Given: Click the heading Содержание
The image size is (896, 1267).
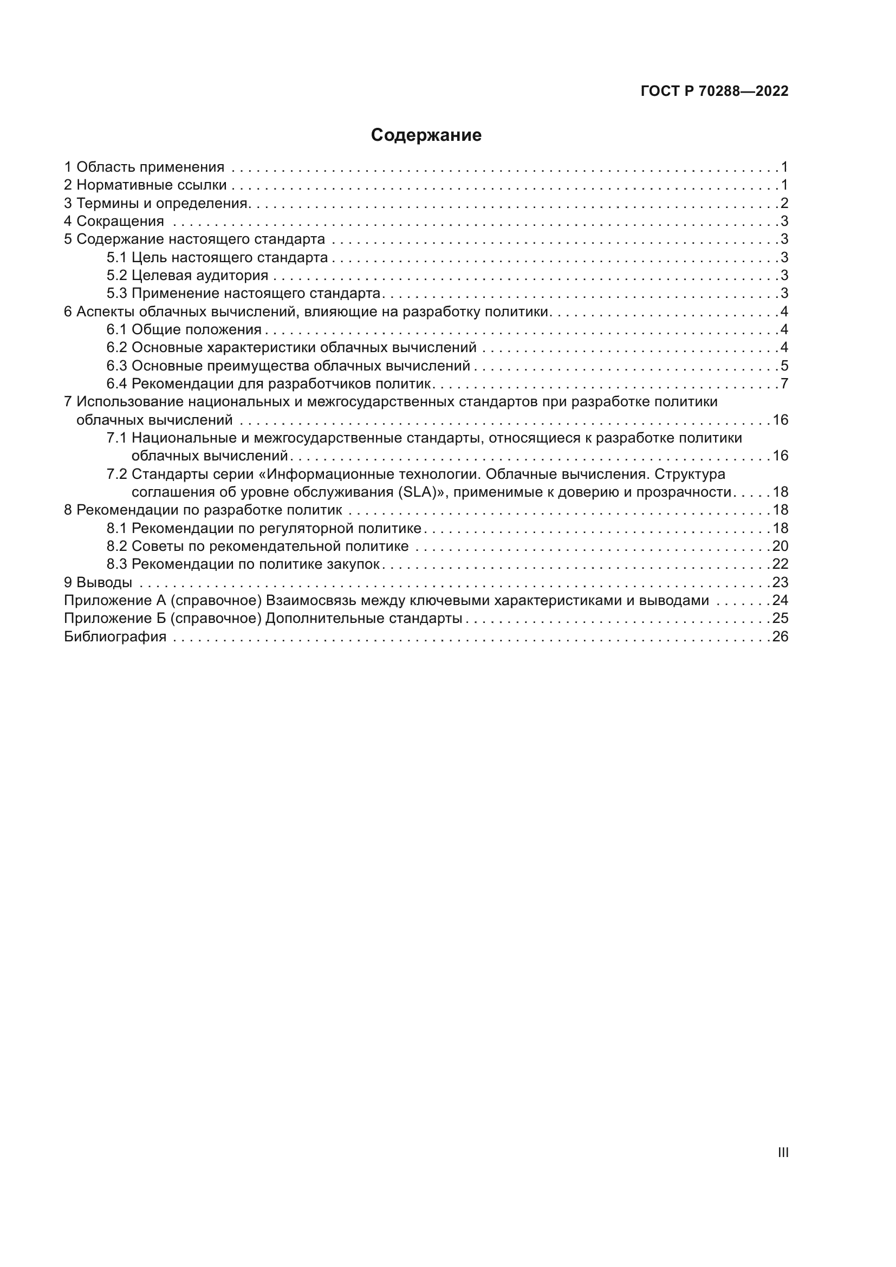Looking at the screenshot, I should pyautogui.click(x=426, y=135).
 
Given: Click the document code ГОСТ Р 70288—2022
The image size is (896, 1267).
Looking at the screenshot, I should pyautogui.click(x=715, y=91).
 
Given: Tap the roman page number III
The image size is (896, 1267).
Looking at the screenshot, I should pyautogui.click(x=783, y=1152).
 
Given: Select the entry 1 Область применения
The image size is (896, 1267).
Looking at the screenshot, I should pyautogui.click(x=145, y=167).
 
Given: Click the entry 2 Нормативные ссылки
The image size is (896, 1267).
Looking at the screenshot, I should pyautogui.click(x=146, y=185).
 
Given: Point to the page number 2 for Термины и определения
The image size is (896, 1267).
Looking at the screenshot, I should pyautogui.click(x=784, y=203).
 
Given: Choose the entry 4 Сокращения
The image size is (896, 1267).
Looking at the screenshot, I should pyautogui.click(x=114, y=222).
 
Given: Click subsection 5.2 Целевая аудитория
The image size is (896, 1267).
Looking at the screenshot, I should pyautogui.click(x=187, y=275).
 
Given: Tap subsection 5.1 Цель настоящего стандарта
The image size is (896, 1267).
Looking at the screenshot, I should pyautogui.click(x=217, y=257).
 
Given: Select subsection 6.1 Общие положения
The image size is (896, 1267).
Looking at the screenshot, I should pyautogui.click(x=184, y=329).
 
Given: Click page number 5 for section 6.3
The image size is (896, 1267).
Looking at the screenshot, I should pyautogui.click(x=784, y=366).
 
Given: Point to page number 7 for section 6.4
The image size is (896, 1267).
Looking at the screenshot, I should pyautogui.click(x=784, y=384).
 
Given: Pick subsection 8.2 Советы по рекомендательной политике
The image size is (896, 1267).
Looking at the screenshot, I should pyautogui.click(x=258, y=547).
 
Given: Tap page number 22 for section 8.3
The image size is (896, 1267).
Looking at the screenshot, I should pyautogui.click(x=780, y=564).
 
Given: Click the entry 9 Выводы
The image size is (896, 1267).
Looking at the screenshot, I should pyautogui.click(x=98, y=582).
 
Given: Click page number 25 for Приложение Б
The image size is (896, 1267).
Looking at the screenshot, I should pyautogui.click(x=780, y=618).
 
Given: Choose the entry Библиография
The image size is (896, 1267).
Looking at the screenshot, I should pyautogui.click(x=115, y=637).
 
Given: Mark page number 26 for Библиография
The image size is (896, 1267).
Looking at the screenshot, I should pyautogui.click(x=780, y=637).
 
